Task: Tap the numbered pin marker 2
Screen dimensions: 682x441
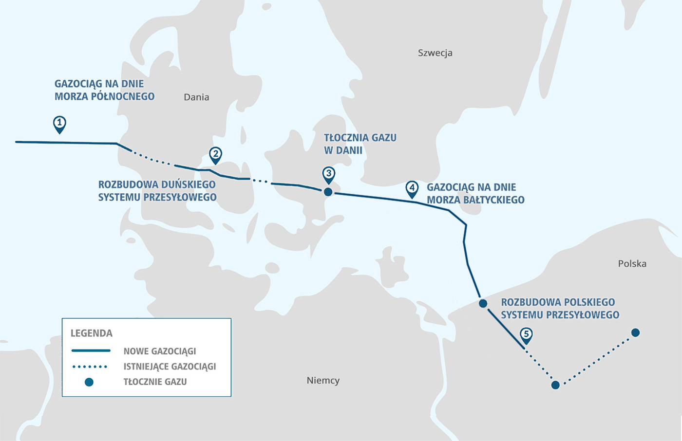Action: (215, 156)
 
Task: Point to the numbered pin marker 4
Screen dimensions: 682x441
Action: (412, 189)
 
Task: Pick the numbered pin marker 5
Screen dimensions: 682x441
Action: (526, 336)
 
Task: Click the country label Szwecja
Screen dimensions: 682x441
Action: (435, 53)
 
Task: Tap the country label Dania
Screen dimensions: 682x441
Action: (196, 97)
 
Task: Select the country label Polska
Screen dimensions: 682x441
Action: (632, 263)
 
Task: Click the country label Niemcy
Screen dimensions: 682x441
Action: (323, 381)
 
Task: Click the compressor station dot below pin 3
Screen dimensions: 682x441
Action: (328, 192)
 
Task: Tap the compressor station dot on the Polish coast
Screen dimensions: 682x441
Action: (483, 304)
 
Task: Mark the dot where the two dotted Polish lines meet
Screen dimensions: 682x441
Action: (555, 385)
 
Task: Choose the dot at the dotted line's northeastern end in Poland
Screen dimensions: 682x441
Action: (635, 333)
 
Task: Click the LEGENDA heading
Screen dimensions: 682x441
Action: (92, 333)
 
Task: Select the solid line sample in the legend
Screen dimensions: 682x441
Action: (91, 350)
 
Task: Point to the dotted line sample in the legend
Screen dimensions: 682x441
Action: (90, 367)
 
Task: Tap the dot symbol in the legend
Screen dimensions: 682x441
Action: (89, 382)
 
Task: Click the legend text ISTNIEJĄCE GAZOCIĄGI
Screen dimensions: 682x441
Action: (170, 367)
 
